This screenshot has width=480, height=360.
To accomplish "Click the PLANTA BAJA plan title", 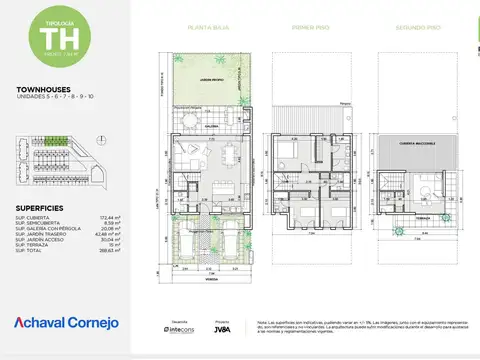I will click(205, 28).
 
